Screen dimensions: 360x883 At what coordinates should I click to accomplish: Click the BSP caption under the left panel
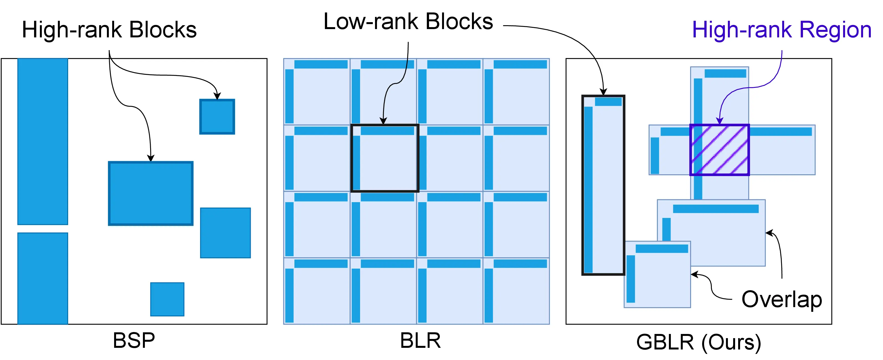tap(134, 340)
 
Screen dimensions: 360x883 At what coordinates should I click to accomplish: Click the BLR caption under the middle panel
tap(420, 340)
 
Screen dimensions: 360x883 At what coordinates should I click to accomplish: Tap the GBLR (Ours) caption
tap(698, 342)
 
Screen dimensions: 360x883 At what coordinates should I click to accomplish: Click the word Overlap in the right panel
tap(782, 299)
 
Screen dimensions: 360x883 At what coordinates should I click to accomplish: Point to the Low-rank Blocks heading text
tap(408, 21)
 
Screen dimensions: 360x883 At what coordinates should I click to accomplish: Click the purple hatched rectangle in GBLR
tap(719, 150)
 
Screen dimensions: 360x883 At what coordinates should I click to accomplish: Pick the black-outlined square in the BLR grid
tap(385, 158)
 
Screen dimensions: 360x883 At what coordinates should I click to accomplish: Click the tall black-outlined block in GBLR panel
tap(603, 185)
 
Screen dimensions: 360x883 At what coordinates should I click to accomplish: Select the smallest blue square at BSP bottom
tap(167, 299)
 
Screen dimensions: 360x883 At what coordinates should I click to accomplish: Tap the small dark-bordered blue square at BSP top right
tap(217, 117)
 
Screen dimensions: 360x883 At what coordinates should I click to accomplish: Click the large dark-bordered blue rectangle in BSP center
tap(150, 193)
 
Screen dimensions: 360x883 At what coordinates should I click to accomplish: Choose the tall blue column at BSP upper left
tap(42, 141)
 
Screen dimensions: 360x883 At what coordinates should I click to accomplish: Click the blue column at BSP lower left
tap(42, 278)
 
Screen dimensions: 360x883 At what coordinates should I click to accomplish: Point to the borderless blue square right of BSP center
tap(225, 233)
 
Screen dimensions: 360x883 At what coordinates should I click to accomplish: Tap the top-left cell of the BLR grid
tap(317, 92)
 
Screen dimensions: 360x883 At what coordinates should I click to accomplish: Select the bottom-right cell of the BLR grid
tap(516, 291)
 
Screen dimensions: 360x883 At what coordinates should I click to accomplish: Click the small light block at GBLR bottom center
tap(657, 274)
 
